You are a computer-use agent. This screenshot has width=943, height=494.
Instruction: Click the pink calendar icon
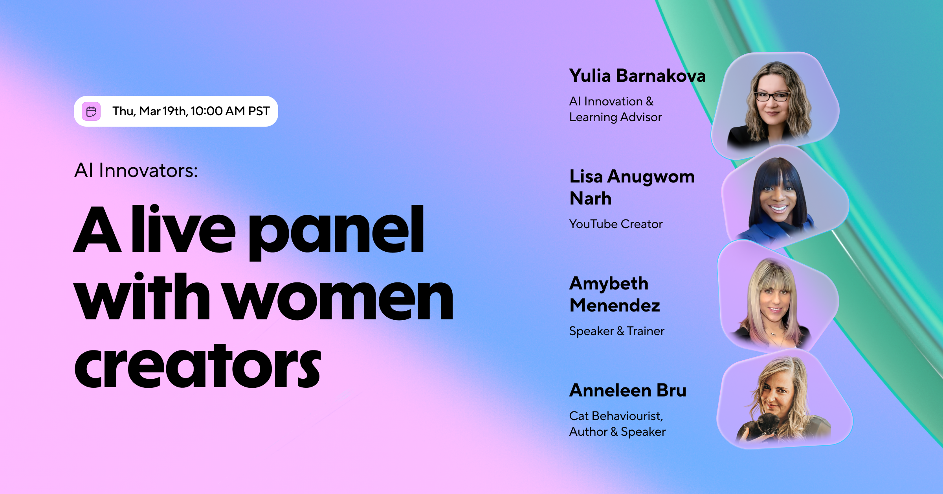point(91,111)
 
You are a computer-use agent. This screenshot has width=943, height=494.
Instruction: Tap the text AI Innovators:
point(136,171)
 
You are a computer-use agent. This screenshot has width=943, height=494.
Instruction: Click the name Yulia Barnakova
point(637,76)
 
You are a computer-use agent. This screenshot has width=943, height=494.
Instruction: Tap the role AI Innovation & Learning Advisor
point(615,109)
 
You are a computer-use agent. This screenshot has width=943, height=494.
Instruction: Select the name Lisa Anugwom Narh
point(632,187)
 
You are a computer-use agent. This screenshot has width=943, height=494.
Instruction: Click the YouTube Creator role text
point(616,224)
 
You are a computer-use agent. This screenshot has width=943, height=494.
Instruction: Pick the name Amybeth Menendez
point(615,294)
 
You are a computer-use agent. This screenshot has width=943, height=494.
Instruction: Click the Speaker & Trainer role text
point(616,331)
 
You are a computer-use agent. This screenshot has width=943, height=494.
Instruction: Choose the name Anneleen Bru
point(627,391)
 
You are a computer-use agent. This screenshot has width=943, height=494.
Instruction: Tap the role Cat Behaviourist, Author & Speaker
point(617,424)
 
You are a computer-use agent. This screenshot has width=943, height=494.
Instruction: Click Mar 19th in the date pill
point(162,111)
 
